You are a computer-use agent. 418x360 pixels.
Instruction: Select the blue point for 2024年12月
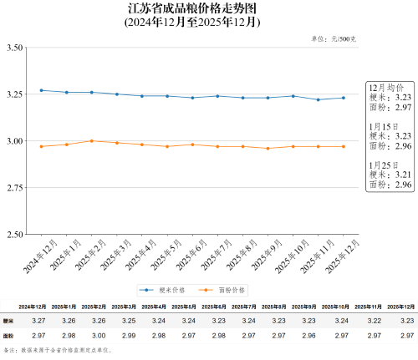42,90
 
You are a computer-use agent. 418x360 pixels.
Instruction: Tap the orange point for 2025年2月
92,140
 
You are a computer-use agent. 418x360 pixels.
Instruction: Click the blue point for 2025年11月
319,99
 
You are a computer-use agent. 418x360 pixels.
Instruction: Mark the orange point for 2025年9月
268,148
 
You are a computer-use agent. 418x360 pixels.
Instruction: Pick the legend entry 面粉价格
226,290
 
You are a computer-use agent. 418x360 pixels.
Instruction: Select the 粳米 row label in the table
9,321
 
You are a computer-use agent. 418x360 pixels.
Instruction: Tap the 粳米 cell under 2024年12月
38,321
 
